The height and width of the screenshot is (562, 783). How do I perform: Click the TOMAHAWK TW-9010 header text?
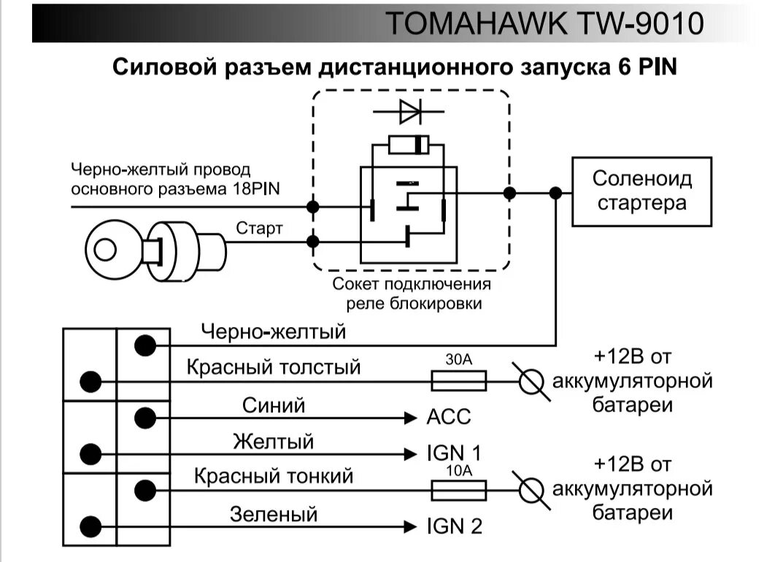click(x=544, y=23)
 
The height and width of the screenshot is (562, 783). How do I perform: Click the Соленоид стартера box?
click(x=641, y=190)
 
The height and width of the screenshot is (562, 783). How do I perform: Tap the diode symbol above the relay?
click(x=410, y=112)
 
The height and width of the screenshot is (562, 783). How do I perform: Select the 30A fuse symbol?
click(x=459, y=381)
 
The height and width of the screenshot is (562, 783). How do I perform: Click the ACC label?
click(x=448, y=418)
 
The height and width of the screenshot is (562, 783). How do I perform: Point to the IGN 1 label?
click(x=454, y=453)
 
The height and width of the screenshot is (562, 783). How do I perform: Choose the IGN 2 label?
click(x=454, y=526)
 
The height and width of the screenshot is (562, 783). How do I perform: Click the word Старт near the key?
click(x=259, y=228)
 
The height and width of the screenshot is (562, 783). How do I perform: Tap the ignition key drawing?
click(x=153, y=250)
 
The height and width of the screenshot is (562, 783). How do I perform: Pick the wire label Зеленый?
click(x=274, y=514)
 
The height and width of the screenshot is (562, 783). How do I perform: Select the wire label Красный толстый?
click(x=274, y=366)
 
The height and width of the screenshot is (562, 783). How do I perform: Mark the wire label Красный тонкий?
click(x=274, y=477)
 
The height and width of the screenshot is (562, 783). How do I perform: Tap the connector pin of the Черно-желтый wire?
click(x=146, y=344)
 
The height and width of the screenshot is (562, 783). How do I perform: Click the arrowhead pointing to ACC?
click(x=411, y=418)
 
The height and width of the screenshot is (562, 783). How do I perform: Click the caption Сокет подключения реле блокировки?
click(x=412, y=294)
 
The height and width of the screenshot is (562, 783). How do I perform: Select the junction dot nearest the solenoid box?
click(x=555, y=193)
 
